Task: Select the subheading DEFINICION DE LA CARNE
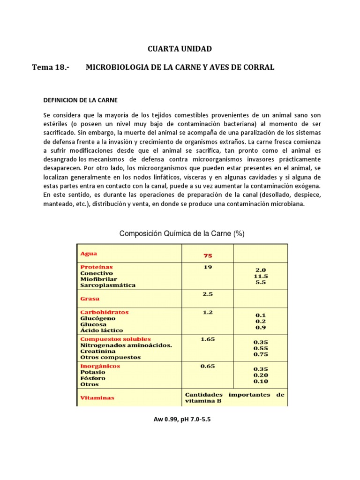[80, 100]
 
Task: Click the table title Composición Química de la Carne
[182, 233]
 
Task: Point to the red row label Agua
[89, 254]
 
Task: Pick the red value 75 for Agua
[207, 255]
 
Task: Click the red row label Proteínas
[96, 267]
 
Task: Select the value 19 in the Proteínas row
[207, 267]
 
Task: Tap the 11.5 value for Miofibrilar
[260, 277]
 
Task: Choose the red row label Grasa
[90, 298]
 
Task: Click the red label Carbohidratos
[104, 312]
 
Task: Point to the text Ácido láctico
[102, 330]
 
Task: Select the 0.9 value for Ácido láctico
[260, 328]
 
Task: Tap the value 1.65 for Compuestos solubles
[207, 339]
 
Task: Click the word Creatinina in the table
[98, 351]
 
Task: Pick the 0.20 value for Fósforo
[260, 375]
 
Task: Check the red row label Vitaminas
[97, 397]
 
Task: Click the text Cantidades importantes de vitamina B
[234, 398]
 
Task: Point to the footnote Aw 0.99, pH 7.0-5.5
[182, 420]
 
